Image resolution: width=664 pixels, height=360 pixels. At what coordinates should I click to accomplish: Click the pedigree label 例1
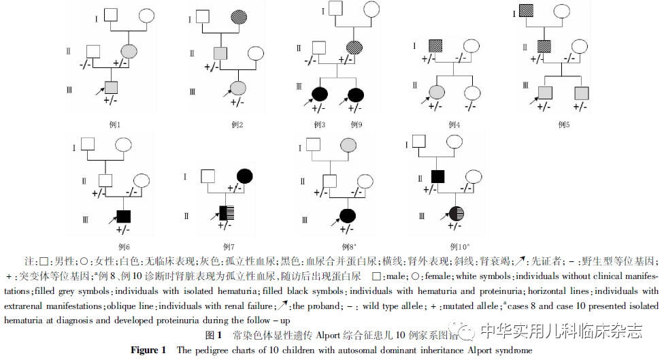[115, 125]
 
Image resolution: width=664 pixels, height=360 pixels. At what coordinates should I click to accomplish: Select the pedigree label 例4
[454, 125]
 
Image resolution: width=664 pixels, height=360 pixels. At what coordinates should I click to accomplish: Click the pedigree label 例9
[356, 125]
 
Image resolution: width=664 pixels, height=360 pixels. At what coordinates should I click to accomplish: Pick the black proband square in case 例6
[124, 216]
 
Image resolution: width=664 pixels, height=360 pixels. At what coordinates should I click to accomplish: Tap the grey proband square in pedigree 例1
[111, 87]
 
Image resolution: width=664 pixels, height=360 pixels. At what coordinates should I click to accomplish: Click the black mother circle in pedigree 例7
[245, 176]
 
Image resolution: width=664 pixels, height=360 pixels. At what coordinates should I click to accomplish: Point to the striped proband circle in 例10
[456, 213]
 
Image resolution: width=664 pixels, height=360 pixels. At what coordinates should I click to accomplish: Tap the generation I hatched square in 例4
[436, 46]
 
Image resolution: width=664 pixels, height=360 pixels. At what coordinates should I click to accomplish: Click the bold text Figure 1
[148, 350]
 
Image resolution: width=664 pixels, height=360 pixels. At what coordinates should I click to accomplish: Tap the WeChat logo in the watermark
[467, 331]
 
